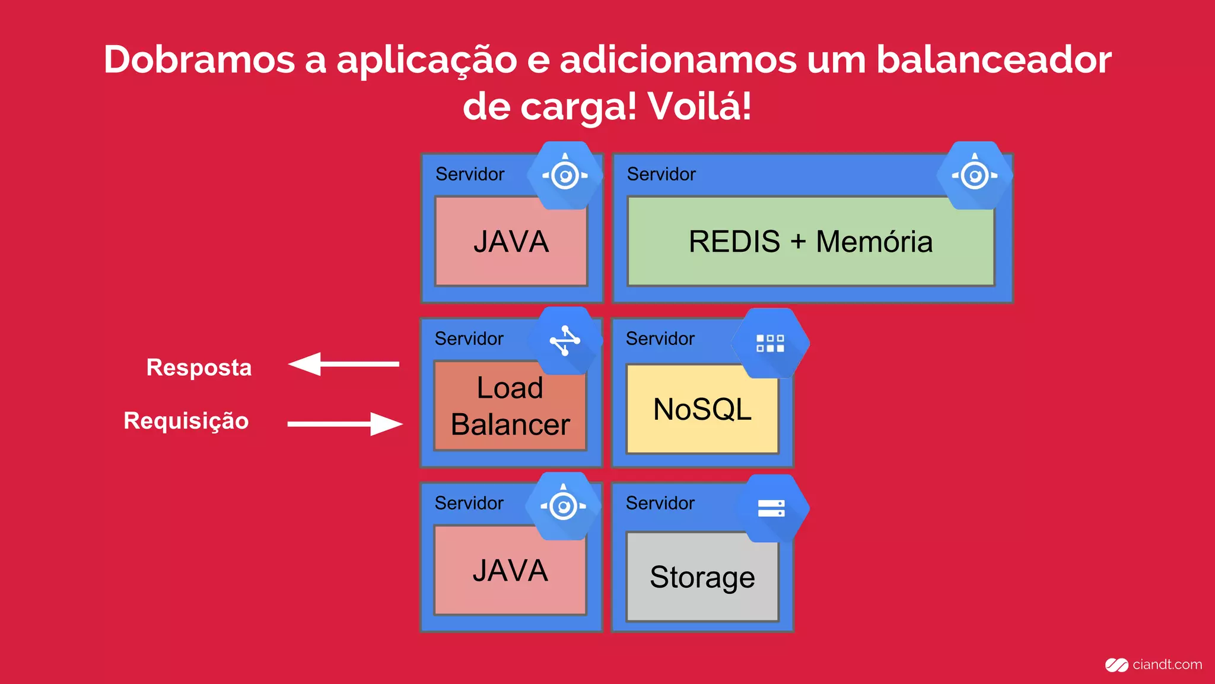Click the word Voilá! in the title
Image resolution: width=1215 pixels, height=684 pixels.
[x=699, y=107]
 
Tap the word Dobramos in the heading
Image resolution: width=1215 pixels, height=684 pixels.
[x=199, y=61]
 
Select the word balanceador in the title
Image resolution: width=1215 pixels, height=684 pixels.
[x=994, y=61]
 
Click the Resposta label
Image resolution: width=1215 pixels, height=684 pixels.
[x=199, y=368]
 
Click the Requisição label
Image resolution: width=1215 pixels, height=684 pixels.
[x=186, y=421]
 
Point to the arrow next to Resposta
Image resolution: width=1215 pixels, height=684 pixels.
[x=343, y=364]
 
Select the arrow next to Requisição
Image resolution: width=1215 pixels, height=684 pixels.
[x=345, y=424]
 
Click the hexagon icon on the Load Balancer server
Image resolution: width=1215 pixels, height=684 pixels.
[x=566, y=341]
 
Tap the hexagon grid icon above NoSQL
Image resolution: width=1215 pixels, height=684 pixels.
[x=770, y=343]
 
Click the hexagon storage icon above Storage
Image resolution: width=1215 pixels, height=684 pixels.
[x=771, y=508]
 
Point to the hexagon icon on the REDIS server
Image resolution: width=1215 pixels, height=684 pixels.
[x=974, y=175]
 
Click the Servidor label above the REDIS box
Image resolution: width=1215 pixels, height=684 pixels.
[x=661, y=175]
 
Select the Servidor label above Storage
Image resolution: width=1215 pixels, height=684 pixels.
[x=660, y=503]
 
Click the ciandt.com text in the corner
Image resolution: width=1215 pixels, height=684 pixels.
[x=1166, y=665]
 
